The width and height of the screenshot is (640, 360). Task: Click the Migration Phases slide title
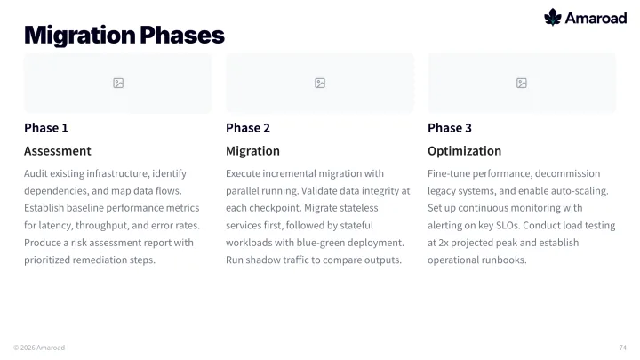124,35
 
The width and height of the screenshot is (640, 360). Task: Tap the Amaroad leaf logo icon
553,17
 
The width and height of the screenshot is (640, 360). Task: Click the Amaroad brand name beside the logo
596,18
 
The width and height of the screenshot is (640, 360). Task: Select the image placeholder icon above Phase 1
118,84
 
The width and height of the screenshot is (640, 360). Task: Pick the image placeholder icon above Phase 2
320,84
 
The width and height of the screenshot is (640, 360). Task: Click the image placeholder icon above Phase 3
522,84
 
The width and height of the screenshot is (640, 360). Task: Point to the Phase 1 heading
46,128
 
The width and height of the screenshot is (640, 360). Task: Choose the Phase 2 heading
248,128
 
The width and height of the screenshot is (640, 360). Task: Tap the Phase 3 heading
450,128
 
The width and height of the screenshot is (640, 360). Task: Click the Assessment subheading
58,151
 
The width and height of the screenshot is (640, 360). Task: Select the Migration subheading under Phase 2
252,151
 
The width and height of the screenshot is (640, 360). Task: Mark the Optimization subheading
465,151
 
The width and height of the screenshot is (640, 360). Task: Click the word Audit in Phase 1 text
36,173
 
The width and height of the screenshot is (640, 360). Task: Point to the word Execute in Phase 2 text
243,173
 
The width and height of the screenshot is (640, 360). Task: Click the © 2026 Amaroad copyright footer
39,348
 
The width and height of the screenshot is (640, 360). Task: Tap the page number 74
622,348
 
